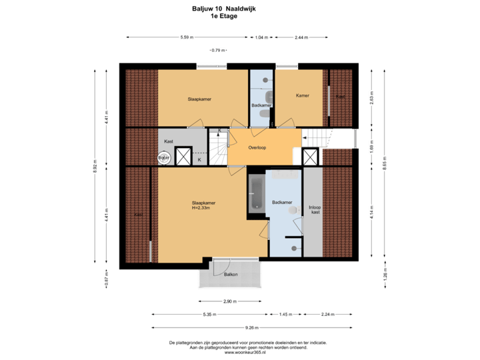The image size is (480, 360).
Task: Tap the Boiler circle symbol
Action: tap(163, 157)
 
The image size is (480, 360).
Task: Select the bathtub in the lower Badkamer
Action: tap(256, 193)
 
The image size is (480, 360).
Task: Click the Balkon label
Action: tap(231, 275)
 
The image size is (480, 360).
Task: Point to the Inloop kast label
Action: tap(315, 209)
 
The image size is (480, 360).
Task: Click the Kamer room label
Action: tap(302, 95)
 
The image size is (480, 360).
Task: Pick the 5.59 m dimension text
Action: tap(187, 37)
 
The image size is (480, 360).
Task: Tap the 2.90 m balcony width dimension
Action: tap(229, 301)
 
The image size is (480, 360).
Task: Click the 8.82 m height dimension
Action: tap(95, 165)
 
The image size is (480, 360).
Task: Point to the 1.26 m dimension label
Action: tap(385, 275)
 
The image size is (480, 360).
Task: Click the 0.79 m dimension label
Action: tap(217, 50)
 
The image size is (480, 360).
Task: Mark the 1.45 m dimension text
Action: tap(286, 314)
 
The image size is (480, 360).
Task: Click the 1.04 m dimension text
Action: tap(261, 37)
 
